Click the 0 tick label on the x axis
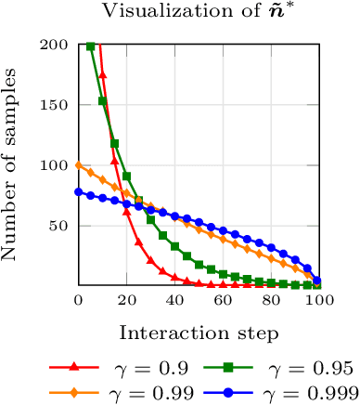coord(79,301)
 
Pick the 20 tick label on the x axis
coord(127,301)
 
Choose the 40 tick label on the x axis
coord(175,301)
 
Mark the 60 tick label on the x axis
coord(223,301)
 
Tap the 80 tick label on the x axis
coord(271,301)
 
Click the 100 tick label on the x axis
coord(318,301)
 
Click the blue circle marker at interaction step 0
coord(79,192)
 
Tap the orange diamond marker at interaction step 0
coord(79,166)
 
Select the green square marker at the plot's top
coord(91,46)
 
